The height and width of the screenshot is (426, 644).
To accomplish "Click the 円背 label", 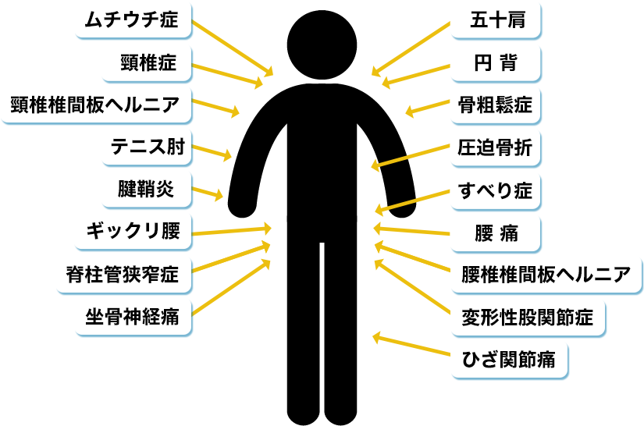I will click(x=497, y=63).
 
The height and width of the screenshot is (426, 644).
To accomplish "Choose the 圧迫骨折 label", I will click(x=497, y=147).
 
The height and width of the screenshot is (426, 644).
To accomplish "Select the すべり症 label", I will click(x=497, y=189).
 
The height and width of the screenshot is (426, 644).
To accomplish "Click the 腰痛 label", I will click(x=497, y=232).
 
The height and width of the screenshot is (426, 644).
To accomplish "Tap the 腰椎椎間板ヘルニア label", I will click(x=546, y=274).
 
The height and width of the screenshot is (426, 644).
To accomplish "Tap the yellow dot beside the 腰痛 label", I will click(x=453, y=232).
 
